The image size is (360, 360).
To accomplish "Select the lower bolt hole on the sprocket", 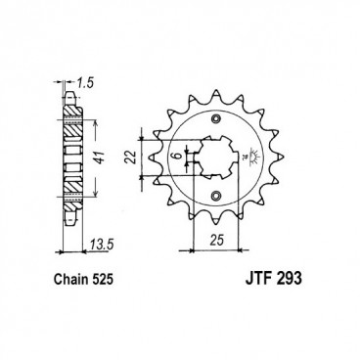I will click(x=214, y=199).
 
